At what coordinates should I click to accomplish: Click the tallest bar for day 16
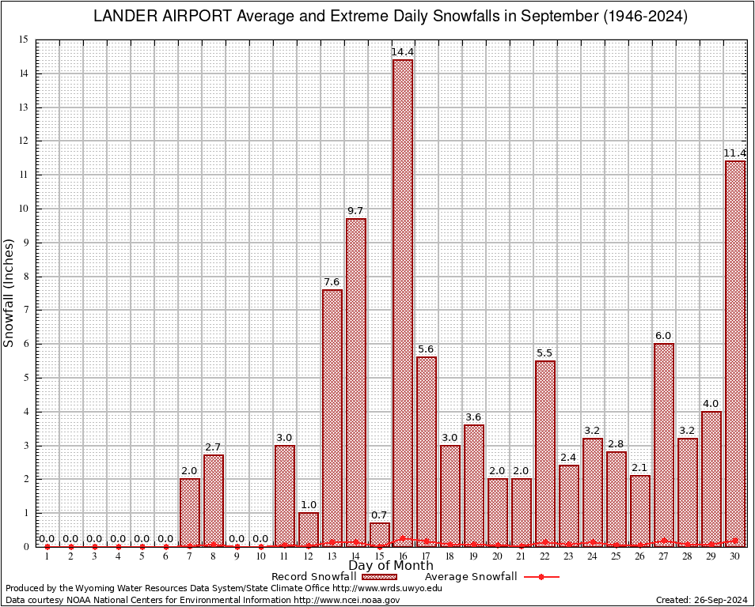(403, 300)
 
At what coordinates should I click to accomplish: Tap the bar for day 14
(355, 379)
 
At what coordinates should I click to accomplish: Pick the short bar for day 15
(379, 533)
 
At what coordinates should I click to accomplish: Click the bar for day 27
(664, 443)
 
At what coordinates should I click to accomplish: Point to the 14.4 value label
(402, 52)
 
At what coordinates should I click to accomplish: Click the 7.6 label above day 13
(332, 282)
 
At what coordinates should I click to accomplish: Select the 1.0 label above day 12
(308, 505)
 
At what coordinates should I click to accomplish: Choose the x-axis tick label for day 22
(544, 556)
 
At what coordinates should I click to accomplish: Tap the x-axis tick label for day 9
(237, 556)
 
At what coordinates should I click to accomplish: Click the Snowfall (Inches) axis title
(9, 292)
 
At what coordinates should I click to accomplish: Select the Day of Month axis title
(390, 566)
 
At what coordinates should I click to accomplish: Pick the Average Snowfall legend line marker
(541, 577)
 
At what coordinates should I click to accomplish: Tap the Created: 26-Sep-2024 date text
(701, 600)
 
